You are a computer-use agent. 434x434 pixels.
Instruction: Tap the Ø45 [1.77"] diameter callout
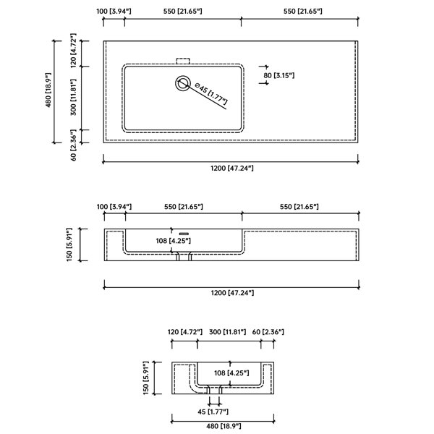[x=211, y=94]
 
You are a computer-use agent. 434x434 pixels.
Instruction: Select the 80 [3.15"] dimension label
[x=278, y=75]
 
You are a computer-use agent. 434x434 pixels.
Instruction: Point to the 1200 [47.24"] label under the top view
[x=232, y=168]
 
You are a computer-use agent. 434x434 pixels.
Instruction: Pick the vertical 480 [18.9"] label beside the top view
[x=48, y=90]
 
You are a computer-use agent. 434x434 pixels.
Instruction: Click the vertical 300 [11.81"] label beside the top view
[x=73, y=97]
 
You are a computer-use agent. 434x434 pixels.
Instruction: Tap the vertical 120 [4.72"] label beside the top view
[x=73, y=51]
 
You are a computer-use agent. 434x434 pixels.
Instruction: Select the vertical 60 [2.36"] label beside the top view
[x=73, y=145]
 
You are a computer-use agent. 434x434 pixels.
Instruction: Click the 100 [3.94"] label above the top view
[x=114, y=12]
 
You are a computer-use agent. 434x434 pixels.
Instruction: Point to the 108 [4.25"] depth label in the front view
[x=174, y=241]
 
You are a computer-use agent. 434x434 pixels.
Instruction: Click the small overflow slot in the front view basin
[x=184, y=234]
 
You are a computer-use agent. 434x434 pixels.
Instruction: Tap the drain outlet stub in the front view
[x=184, y=257]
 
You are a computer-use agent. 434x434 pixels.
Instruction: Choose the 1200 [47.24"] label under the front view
[x=232, y=292]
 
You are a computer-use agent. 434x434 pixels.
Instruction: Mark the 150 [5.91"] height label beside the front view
[x=69, y=244]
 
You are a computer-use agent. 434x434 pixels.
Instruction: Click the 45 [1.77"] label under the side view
[x=213, y=412]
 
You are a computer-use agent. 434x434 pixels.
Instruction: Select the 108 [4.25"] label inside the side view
[x=231, y=373]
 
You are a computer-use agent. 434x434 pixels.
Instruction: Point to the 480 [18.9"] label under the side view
[x=224, y=426]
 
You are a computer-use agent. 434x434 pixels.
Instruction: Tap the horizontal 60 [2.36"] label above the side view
[x=268, y=331]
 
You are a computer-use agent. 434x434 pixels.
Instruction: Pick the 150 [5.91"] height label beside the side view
[x=146, y=378]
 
